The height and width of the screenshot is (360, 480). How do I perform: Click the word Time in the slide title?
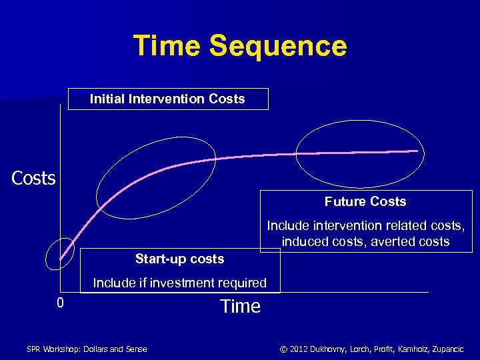[x=167, y=47]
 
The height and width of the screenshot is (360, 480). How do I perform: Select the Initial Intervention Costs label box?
[x=168, y=99]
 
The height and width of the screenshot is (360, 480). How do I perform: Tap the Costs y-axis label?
[x=33, y=179]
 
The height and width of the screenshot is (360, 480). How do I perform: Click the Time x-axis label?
[x=240, y=307]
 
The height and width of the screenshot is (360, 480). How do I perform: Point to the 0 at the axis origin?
[x=60, y=304]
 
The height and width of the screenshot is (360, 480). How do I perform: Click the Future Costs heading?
[x=365, y=201]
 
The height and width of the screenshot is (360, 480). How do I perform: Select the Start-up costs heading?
[x=179, y=259]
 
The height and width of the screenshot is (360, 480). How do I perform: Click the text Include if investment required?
[x=179, y=283]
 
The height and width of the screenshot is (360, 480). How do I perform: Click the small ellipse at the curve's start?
[x=61, y=253]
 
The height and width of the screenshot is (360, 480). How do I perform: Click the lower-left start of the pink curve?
[x=61, y=258]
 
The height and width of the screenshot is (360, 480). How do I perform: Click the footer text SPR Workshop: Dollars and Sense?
[x=87, y=349]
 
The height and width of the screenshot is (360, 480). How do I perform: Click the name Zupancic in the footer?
[x=443, y=349]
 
